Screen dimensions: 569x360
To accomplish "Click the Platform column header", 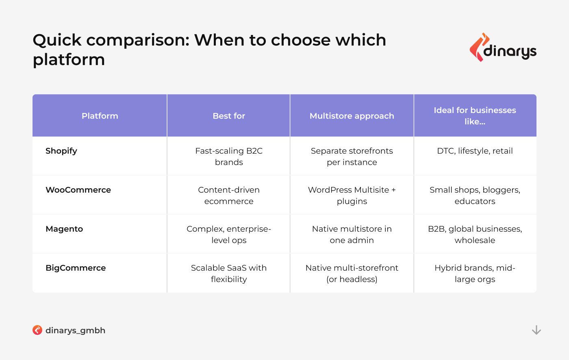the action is [100, 116].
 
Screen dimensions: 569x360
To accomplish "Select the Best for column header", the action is [228, 116].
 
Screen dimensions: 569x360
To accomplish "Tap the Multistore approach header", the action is [352, 116].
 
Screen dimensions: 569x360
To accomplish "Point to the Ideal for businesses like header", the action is [475, 116].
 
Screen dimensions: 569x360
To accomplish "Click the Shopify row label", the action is [61, 151].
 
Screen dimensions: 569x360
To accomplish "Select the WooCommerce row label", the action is [78, 190].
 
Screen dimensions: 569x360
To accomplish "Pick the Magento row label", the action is [64, 229].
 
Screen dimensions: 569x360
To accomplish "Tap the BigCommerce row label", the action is [76, 268].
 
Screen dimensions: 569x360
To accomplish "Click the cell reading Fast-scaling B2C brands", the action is [228, 156].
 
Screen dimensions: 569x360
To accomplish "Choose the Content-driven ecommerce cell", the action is [228, 195].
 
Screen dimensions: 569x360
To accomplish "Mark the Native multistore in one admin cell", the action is [352, 234].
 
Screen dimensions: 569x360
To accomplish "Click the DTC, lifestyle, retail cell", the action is [475, 151].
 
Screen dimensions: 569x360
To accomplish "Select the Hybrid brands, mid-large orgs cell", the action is [475, 273].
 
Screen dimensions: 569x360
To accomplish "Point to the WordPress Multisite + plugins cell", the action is [352, 195].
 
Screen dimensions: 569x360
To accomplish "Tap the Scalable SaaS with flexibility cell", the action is [228, 273].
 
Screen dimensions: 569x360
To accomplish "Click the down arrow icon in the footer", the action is [536, 330].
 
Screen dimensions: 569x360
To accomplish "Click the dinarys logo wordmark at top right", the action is [510, 51].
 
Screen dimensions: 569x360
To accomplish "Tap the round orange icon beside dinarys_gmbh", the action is [37, 330].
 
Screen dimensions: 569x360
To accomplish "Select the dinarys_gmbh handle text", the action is [75, 330].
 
